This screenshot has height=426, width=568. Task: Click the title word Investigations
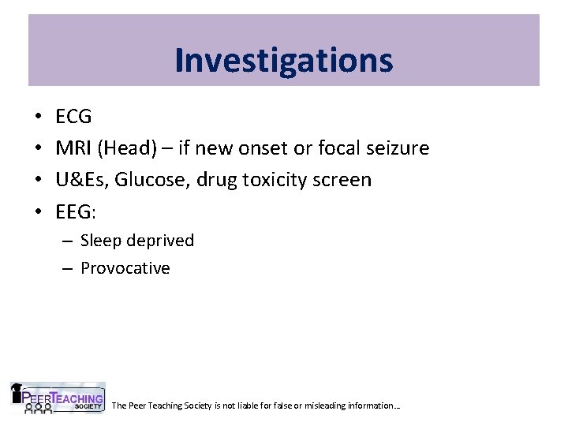(283, 60)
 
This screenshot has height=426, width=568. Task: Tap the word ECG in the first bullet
(73, 117)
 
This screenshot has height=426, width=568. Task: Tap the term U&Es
(80, 179)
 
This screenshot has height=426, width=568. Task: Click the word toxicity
(274, 179)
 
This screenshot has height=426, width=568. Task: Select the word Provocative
(125, 268)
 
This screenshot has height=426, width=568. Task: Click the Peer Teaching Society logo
(57, 398)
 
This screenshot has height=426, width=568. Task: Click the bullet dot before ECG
(39, 118)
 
